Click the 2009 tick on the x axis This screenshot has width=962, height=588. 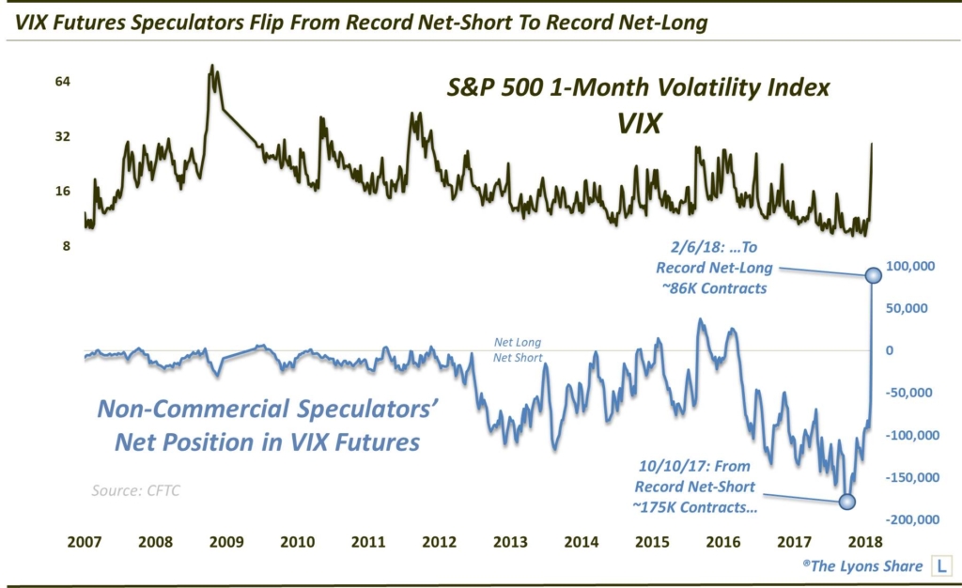pos(226,543)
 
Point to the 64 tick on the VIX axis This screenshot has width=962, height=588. pos(37,82)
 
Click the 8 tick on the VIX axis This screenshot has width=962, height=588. pos(40,246)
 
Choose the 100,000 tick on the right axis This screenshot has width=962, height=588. pos(915,267)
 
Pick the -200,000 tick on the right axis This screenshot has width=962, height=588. pos(913,519)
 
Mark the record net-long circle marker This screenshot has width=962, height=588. pos(872,274)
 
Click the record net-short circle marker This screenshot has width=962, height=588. pos(846,501)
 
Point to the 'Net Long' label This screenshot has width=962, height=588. pos(518,343)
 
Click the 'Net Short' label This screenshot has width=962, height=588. pos(518,357)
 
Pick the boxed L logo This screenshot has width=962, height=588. pos(939,568)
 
